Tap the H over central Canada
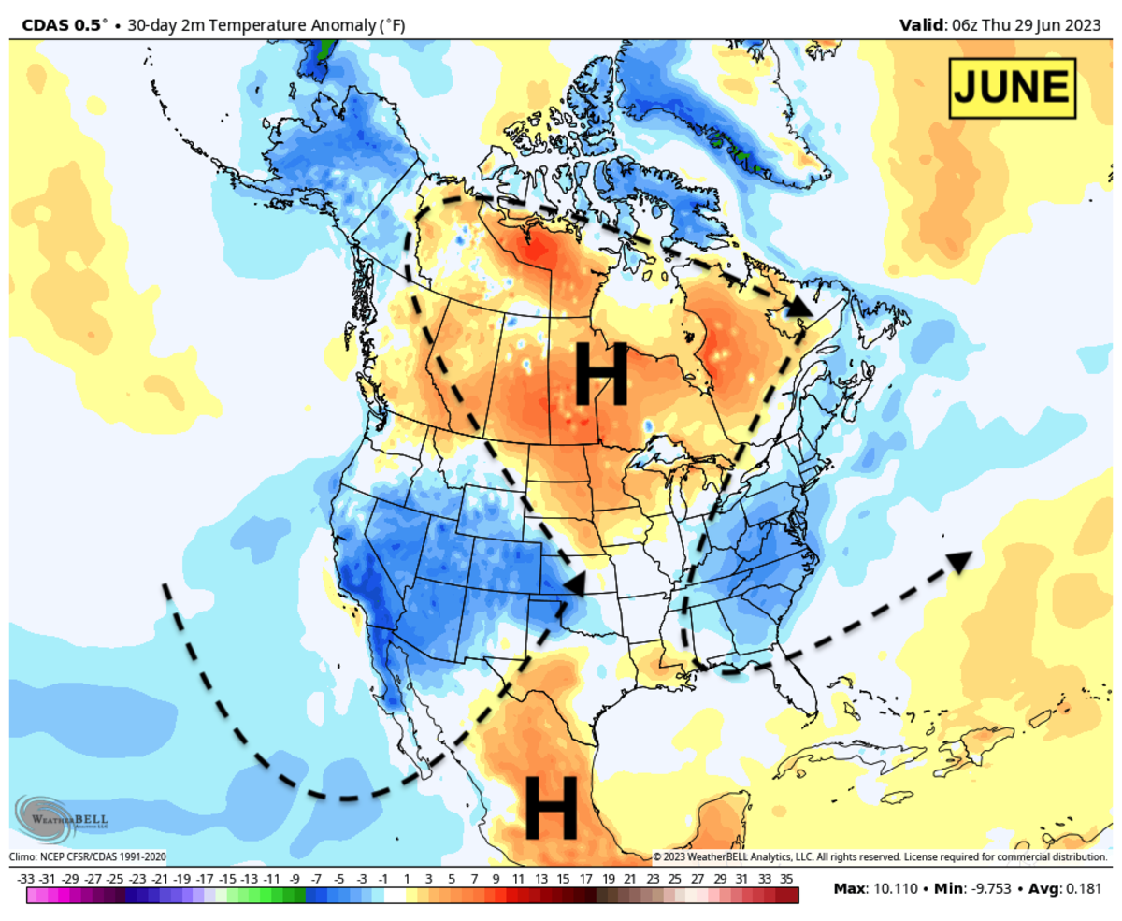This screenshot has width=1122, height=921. click(x=599, y=374)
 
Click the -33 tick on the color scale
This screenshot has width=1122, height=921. click(x=26, y=879)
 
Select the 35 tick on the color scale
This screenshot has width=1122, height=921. click(x=786, y=879)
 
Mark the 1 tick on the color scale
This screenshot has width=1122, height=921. click(x=407, y=879)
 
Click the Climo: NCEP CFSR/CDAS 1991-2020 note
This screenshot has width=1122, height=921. click(x=88, y=856)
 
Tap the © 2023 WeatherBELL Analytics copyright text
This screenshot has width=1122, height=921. click(x=879, y=856)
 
